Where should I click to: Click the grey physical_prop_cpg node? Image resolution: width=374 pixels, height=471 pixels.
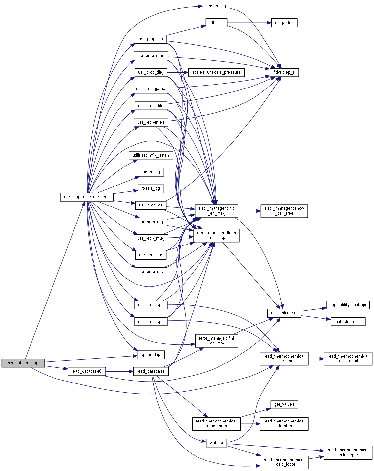tap(23, 363)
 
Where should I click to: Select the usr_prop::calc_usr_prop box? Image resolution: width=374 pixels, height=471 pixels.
tap(87, 197)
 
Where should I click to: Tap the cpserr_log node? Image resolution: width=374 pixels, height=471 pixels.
tap(216, 6)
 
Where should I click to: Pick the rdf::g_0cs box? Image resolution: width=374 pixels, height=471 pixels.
tap(284, 23)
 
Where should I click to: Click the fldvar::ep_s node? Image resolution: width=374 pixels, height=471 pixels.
tap(284, 72)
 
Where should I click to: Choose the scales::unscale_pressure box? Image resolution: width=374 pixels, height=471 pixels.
tap(216, 72)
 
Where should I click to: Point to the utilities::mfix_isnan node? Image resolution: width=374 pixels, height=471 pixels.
tap(151, 155)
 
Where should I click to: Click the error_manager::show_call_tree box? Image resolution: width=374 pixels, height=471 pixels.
tap(284, 211)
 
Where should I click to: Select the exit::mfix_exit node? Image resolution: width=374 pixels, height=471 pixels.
tap(284, 313)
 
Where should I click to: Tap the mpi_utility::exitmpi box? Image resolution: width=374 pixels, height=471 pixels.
tap(348, 305)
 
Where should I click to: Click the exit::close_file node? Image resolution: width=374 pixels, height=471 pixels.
tap(348, 322)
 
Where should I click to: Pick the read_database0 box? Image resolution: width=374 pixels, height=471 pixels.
tap(87, 371)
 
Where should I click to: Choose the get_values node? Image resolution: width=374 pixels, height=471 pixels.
tap(284, 404)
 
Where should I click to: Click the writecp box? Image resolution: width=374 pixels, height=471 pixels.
tap(216, 443)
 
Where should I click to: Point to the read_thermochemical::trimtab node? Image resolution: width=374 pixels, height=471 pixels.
tap(284, 423)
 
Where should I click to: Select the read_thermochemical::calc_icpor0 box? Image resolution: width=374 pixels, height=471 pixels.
tap(348, 452)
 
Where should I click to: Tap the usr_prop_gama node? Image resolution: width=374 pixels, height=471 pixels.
tap(151, 89)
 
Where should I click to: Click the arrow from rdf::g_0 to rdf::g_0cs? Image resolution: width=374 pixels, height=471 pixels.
tap(249, 23)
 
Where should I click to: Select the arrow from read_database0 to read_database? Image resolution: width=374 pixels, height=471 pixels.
tap(119, 371)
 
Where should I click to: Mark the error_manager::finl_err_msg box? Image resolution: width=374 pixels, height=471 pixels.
tap(216, 341)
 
